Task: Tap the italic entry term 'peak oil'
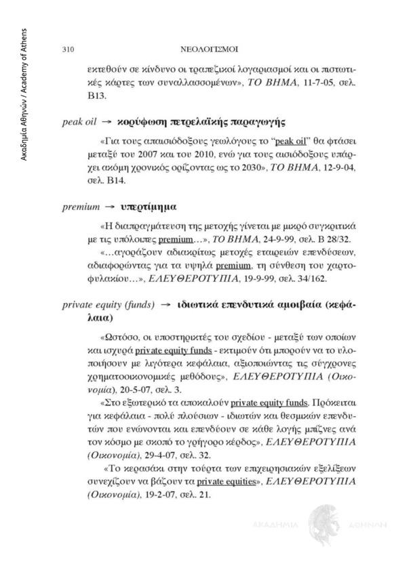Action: [76, 124]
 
